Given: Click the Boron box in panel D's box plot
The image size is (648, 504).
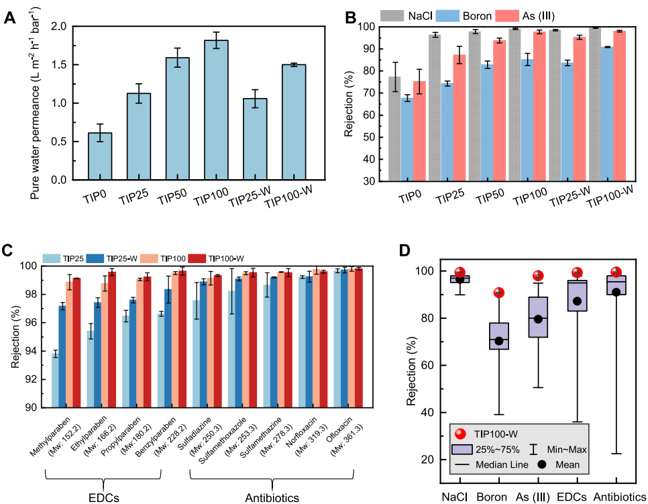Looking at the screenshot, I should tap(499, 336).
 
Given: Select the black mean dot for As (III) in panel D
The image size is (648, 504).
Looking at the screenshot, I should tap(538, 319).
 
